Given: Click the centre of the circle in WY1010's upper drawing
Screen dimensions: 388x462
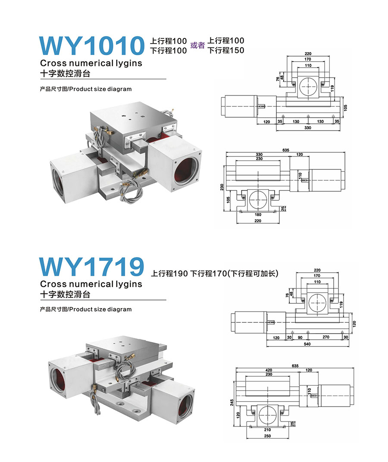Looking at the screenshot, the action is (308, 87).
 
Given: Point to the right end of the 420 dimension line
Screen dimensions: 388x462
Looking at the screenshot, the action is (299, 372).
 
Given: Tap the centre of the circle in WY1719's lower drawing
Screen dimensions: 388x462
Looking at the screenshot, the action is (267, 415).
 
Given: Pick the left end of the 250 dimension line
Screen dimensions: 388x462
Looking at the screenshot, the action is (246, 439).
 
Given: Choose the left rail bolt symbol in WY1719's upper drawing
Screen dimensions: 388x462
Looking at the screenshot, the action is (303, 300).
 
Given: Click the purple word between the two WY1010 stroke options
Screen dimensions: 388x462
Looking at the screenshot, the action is (197, 45).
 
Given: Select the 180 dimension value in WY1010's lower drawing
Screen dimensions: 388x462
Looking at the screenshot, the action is (258, 215).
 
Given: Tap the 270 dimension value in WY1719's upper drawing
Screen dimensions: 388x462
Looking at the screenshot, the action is (326, 337).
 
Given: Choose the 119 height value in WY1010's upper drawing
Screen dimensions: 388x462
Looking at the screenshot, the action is (332, 88).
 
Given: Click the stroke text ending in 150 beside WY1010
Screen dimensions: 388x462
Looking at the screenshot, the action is (226, 50).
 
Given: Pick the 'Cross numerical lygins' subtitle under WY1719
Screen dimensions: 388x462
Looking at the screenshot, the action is (91, 284).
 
